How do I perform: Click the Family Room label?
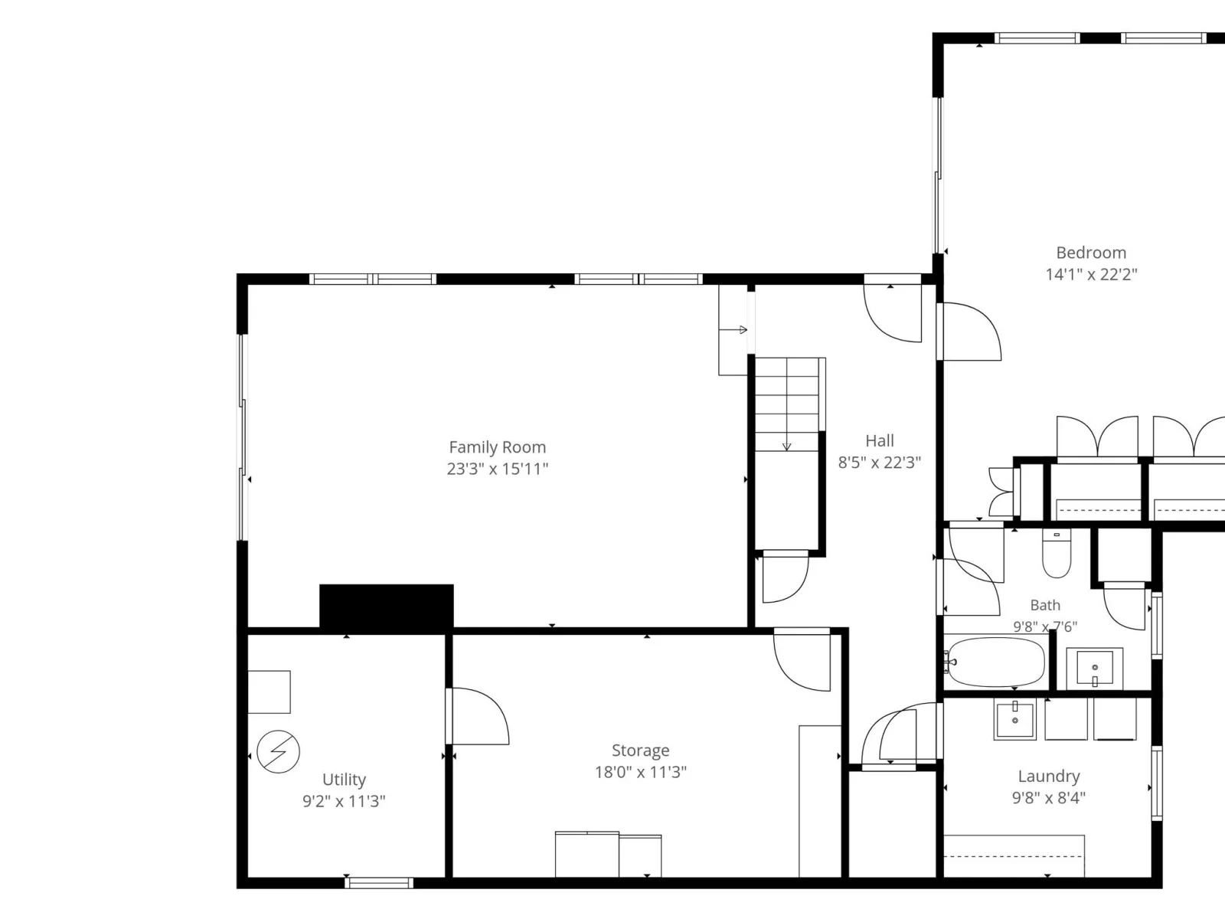coord(497,447)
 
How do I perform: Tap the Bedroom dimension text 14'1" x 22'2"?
coord(1091,274)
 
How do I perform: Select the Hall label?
coord(880,441)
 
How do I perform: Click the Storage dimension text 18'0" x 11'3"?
coord(640,772)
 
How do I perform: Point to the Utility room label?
coord(344,780)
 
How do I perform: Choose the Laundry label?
coord(1049,776)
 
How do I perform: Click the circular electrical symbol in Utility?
coord(278,751)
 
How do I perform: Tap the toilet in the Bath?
coord(1057,553)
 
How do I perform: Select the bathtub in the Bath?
coord(996,662)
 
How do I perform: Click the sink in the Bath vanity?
coord(1094,667)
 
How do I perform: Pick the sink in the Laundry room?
coord(1014,718)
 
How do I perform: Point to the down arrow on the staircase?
coord(786,446)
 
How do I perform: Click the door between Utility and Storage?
coord(477,716)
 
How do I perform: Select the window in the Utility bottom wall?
coord(379,883)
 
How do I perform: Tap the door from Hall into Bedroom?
coord(969,332)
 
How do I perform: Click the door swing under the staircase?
coord(786,577)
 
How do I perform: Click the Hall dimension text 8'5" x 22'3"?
coord(879,463)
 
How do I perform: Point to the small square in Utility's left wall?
coord(269,692)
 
